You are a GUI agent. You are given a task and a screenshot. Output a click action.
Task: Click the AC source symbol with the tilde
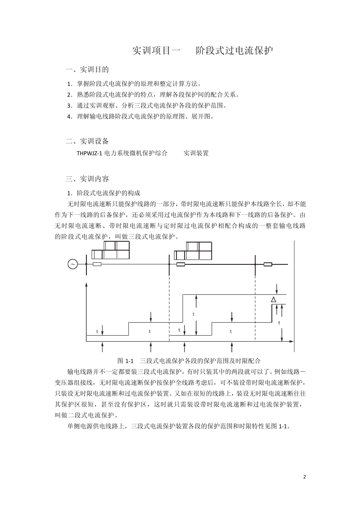72,264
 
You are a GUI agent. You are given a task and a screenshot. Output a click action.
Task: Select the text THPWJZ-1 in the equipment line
90,153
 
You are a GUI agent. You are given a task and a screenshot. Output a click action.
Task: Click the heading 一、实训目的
88,69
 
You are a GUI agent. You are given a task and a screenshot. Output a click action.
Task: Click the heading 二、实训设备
88,141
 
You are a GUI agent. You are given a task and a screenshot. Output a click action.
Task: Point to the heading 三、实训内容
88,179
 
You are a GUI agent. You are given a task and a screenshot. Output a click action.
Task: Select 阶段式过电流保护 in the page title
235,50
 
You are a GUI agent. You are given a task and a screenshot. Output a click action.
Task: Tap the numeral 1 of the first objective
69,84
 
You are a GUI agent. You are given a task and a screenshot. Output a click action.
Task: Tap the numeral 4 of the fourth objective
69,117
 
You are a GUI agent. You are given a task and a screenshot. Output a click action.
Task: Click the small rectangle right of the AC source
97,264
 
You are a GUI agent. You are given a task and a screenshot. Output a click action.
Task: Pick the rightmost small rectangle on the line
268,264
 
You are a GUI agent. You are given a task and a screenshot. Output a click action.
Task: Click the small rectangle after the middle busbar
180,264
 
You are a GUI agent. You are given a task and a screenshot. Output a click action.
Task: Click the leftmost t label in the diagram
97,331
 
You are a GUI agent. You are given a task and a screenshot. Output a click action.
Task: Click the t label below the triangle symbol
279,323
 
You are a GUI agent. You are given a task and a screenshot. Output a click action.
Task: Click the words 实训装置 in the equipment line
196,153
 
